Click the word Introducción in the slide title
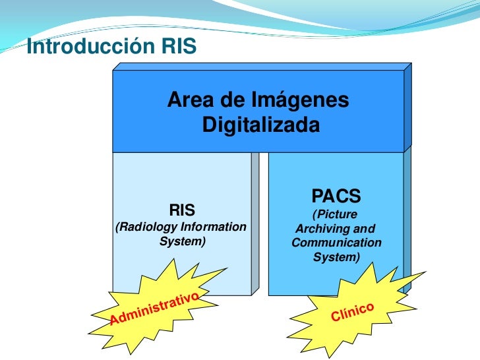81,47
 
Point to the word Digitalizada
260,125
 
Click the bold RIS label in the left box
182,211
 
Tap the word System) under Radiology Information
183,242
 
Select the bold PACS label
336,196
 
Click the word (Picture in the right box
335,214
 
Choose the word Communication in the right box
336,243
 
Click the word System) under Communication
336,257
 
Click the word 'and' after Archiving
365,229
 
